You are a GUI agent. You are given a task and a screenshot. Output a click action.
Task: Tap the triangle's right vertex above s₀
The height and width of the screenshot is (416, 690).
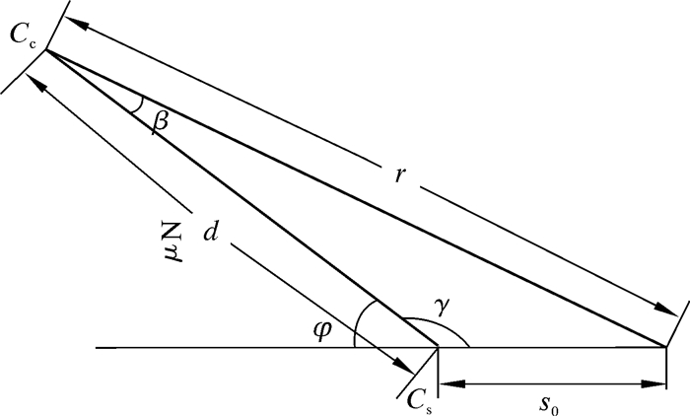(x=666, y=347)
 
